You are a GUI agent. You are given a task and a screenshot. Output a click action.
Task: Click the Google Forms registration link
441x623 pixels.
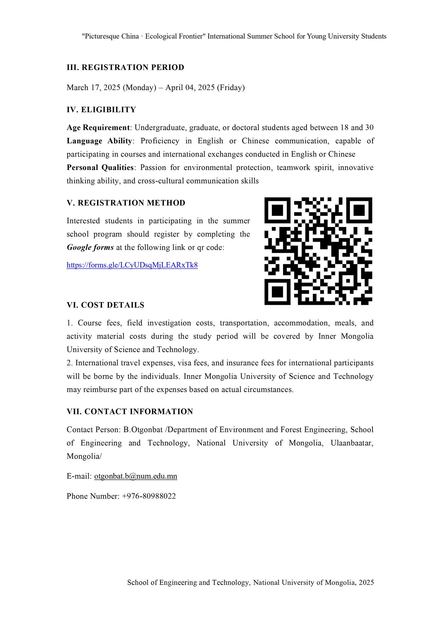coord(132,265)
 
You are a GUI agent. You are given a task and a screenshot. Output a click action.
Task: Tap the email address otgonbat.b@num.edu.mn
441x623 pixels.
coord(136,476)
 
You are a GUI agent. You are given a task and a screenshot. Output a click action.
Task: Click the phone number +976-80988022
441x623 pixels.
coord(149,496)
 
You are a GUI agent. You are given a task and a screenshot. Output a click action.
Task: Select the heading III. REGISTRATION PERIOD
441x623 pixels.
coord(125,68)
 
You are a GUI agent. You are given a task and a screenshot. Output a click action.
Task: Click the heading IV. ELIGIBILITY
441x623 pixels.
coord(101,110)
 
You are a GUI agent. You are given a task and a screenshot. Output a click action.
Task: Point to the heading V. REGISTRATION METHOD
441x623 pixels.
coord(126,203)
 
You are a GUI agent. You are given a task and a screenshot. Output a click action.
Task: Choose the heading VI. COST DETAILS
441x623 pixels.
coord(105,305)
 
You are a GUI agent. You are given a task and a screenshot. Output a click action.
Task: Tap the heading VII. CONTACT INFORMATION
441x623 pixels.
coord(130,412)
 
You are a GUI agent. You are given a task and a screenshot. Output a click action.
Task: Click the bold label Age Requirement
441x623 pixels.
coord(98,127)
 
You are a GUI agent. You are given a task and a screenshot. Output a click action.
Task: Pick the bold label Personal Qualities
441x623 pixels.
coord(100,168)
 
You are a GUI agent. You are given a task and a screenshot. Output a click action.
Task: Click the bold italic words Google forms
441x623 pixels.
coord(90,248)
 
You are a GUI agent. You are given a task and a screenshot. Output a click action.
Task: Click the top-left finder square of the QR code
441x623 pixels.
coord(277,210)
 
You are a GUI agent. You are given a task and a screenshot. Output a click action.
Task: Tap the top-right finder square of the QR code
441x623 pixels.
coord(359,210)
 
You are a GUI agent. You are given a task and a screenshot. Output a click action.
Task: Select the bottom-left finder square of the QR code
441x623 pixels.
coord(277,292)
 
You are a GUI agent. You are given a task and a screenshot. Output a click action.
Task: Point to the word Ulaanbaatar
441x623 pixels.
coord(352,443)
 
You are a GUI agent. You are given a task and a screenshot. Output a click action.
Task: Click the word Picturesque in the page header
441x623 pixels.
coord(101,37)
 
